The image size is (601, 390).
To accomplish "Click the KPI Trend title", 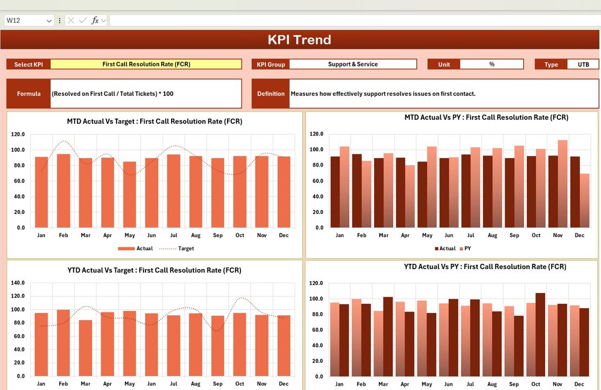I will point(299,40).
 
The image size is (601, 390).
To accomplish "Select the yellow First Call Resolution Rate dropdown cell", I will point(146,64).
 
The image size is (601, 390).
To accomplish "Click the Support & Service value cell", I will point(353,64).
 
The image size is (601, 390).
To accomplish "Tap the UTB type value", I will point(583,64).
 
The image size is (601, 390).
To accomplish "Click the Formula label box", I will point(29,94).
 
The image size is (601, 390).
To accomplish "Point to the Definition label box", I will point(271,94).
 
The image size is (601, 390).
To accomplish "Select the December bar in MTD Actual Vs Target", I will point(284,192).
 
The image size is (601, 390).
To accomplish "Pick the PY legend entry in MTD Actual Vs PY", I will point(467,249).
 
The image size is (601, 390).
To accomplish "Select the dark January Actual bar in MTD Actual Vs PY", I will point(335,192).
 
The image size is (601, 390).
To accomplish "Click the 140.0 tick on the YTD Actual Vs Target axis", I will point(18,283).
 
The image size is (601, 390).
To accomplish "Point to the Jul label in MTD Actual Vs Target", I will point(173,236).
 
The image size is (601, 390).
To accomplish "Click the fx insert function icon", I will point(95,21).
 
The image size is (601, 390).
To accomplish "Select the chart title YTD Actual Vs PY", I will point(485,266).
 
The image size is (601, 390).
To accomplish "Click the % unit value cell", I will point(492,64).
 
